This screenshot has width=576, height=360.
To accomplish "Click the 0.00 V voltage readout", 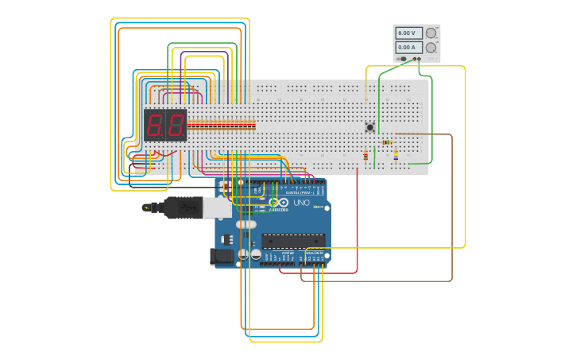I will [x=407, y=33].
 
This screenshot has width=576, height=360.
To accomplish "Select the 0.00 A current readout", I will [x=407, y=48].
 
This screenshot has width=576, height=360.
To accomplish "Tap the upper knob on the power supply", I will [x=431, y=33].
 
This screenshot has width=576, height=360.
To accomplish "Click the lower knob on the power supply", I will [x=431, y=48].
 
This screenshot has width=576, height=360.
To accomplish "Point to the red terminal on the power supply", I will [x=418, y=59].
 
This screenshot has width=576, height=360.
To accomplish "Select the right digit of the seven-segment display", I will [x=176, y=125].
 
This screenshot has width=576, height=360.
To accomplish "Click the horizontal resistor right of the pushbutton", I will [x=387, y=142].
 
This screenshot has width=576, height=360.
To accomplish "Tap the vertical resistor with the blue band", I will [x=396, y=155].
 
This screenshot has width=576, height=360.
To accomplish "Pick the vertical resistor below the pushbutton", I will [x=365, y=156].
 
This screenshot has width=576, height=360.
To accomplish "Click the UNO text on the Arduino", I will [x=301, y=203].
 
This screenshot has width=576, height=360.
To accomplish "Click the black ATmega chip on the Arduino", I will [x=293, y=241].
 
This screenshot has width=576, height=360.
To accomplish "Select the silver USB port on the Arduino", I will [x=216, y=207].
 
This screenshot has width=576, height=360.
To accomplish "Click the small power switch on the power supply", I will [x=403, y=59].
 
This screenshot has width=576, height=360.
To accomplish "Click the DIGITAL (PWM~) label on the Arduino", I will [x=299, y=193].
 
